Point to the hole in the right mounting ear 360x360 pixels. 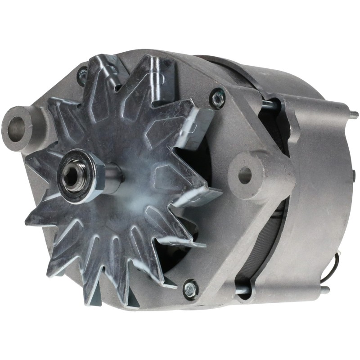tap(245, 175)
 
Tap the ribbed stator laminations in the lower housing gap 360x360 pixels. tap(270, 252)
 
